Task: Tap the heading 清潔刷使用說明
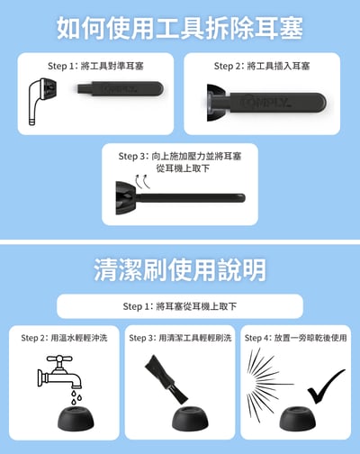coord(179,268)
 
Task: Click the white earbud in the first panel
coord(38,98)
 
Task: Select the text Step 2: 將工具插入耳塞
coord(262,66)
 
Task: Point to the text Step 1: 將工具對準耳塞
coord(96,66)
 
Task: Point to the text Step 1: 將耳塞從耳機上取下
coord(179,306)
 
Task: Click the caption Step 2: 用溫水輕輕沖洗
coord(64,338)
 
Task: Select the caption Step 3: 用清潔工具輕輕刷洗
coord(180,338)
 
